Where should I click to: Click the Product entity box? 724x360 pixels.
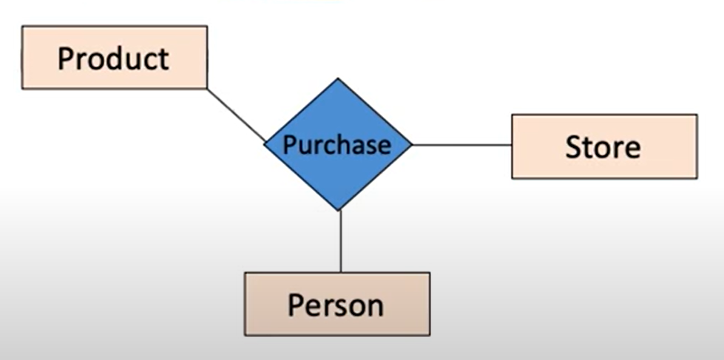pos(114,58)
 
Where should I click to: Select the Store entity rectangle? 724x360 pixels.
pos(603,146)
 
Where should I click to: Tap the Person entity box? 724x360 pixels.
pos(336,304)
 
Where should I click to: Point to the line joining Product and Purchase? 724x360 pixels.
pos(235,115)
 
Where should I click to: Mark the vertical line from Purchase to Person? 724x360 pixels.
pos(340,241)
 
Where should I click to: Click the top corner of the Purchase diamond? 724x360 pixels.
pos(338,78)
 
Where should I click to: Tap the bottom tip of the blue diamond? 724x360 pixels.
pos(339,210)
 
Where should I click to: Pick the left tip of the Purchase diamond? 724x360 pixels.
pos(265,144)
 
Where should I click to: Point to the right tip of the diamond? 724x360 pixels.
pos(411,144)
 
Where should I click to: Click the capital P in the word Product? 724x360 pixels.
pos(66,58)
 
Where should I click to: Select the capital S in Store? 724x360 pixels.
pos(573,146)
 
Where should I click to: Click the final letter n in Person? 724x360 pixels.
pos(376,305)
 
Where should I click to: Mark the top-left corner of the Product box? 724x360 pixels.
pos(22,27)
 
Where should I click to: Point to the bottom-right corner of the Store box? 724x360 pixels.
pos(697,178)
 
